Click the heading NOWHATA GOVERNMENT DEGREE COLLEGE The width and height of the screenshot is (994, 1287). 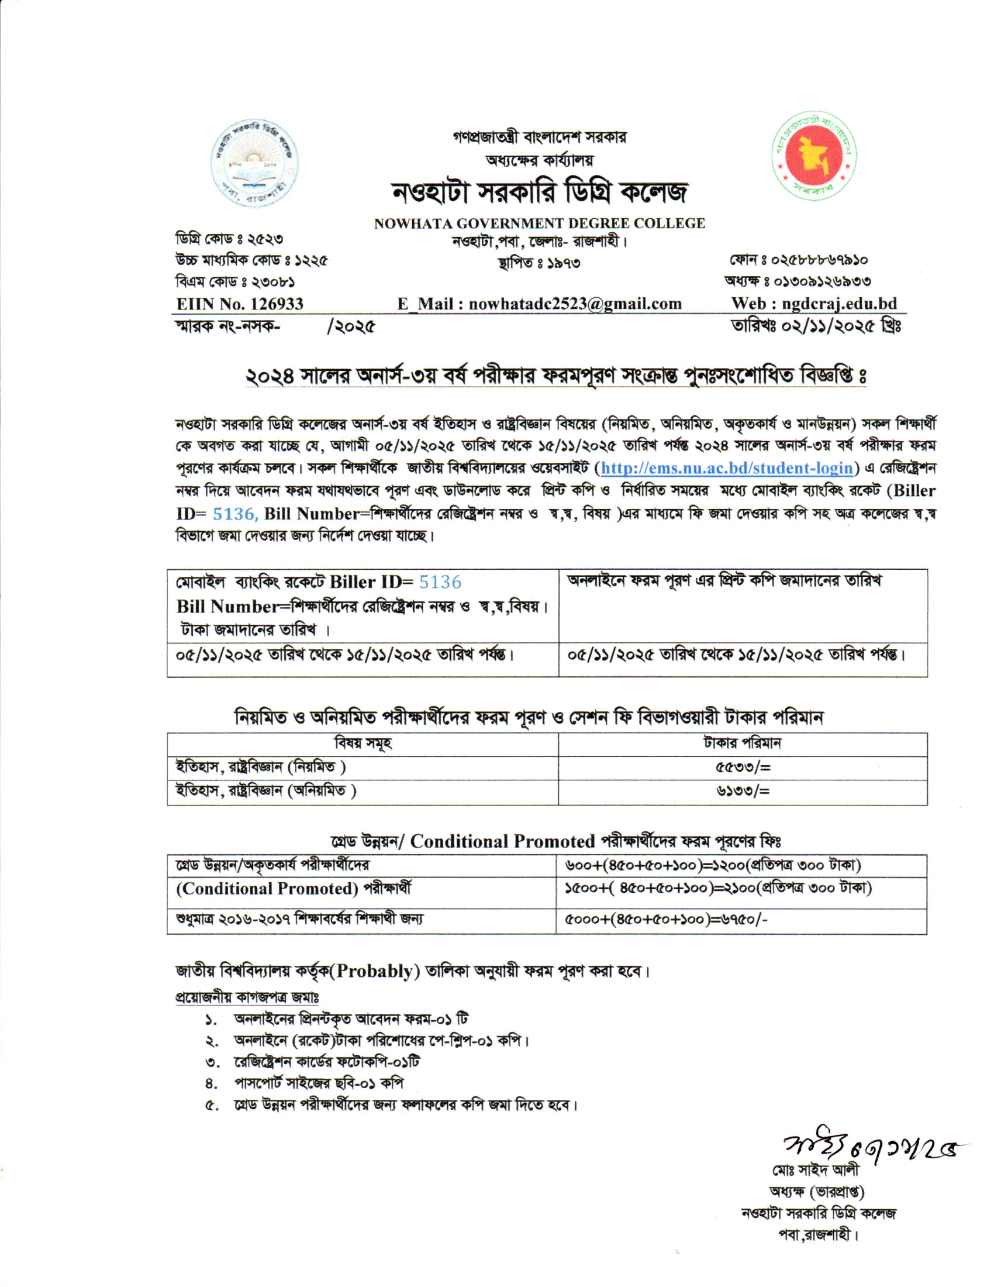coord(540,223)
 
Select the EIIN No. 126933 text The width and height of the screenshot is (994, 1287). coord(240,304)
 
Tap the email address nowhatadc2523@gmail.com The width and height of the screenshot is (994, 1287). coord(575,304)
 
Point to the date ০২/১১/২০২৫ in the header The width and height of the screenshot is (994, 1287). coord(820,325)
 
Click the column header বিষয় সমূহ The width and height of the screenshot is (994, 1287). coord(363,744)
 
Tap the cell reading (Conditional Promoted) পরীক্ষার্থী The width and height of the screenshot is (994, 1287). coord(295,889)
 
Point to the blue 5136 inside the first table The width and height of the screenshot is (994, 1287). coord(440,582)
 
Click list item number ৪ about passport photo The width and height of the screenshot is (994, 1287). coord(319,1083)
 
